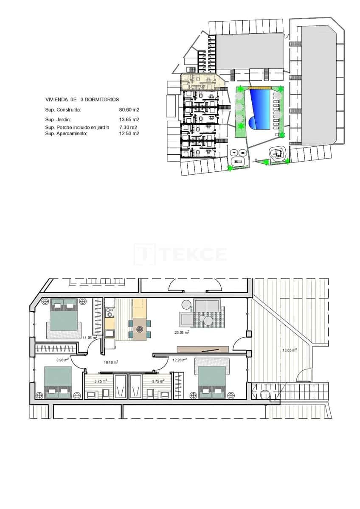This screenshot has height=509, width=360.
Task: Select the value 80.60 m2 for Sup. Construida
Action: pyautogui.click(x=129, y=109)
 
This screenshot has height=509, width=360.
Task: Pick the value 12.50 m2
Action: pyautogui.click(x=129, y=133)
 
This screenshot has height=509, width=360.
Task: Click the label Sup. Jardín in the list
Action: pyautogui.click(x=58, y=120)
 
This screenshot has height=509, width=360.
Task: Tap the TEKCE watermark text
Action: pyautogui.click(x=180, y=254)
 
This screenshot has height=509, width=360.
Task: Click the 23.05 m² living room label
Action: pyautogui.click(x=181, y=333)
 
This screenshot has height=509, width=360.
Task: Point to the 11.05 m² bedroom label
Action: pyautogui.click(x=90, y=338)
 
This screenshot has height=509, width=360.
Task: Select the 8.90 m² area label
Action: pyautogui.click(x=63, y=360)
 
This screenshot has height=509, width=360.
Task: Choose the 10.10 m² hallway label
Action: pyautogui.click(x=111, y=362)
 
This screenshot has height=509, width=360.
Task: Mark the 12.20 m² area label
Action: pyautogui.click(x=179, y=360)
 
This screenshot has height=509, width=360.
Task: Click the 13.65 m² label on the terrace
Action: pyautogui.click(x=289, y=350)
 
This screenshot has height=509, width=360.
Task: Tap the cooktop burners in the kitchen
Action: pyautogui.click(x=110, y=313)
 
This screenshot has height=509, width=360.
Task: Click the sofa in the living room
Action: pyautogui.click(x=206, y=305)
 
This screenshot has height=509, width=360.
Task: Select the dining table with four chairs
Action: pyautogui.click(x=140, y=327)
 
